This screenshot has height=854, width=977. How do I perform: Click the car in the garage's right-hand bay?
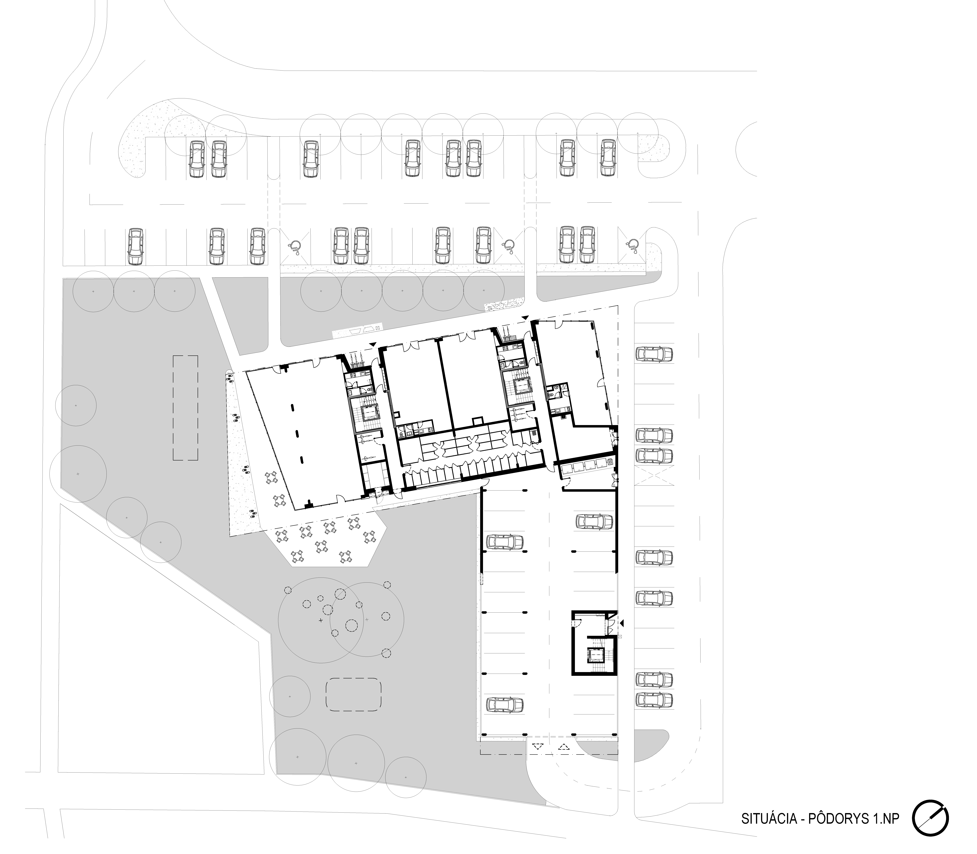click(x=594, y=522)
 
